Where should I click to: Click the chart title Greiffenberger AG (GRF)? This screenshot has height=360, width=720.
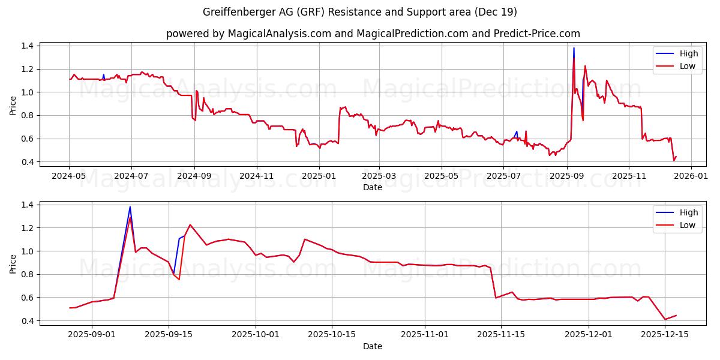[360, 12]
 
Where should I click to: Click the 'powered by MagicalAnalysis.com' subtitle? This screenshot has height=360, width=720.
[373, 34]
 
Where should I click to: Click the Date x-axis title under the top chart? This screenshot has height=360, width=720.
[373, 187]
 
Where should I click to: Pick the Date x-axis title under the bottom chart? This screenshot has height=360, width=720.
[373, 346]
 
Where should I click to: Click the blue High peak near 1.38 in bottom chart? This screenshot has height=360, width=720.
[130, 207]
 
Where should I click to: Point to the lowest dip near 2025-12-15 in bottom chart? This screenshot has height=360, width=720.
[665, 319]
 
